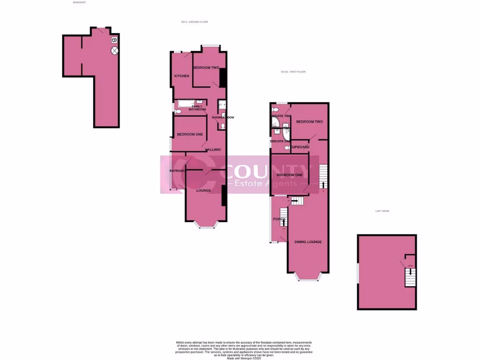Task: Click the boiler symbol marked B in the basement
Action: point(114,40)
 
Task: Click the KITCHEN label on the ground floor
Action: point(182,76)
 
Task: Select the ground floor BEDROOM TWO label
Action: point(206,68)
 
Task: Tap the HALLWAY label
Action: point(213,150)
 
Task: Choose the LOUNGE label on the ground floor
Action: point(203,191)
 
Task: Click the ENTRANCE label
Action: point(178,171)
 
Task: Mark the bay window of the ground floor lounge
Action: point(206,226)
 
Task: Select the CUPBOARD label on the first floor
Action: point(300,147)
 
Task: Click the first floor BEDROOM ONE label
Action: point(289,175)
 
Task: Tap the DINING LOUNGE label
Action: point(308,242)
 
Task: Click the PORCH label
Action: point(279,219)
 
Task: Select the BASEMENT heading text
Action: point(80,2)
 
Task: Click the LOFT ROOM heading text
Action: point(382,211)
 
